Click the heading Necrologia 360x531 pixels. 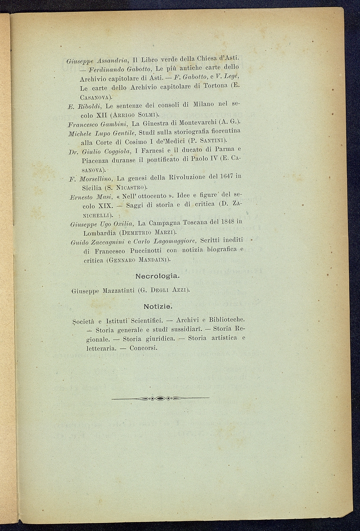tap(157, 276)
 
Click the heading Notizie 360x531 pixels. tap(158, 306)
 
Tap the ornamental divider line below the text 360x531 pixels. tap(160, 398)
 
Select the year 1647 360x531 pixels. tap(227, 177)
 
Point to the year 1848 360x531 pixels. tap(226, 222)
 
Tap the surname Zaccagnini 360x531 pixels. tap(107, 242)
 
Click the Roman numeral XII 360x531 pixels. tap(101, 115)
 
